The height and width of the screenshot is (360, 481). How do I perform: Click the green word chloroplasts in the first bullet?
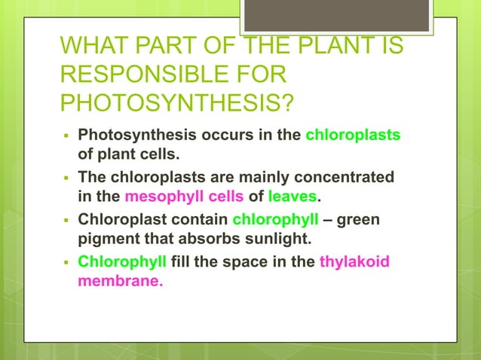353,136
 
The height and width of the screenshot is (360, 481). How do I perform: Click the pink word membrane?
121,283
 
